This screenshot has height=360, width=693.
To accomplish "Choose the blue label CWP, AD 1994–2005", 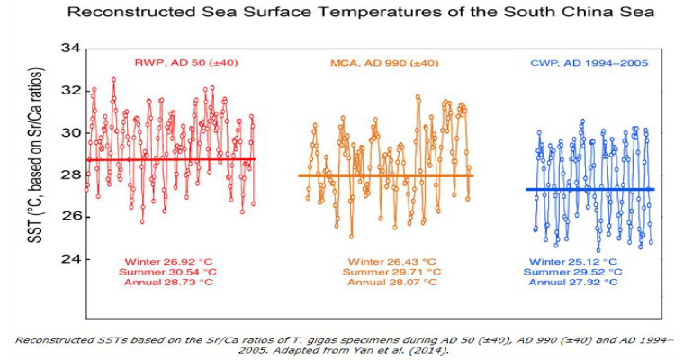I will tap(590, 63).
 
